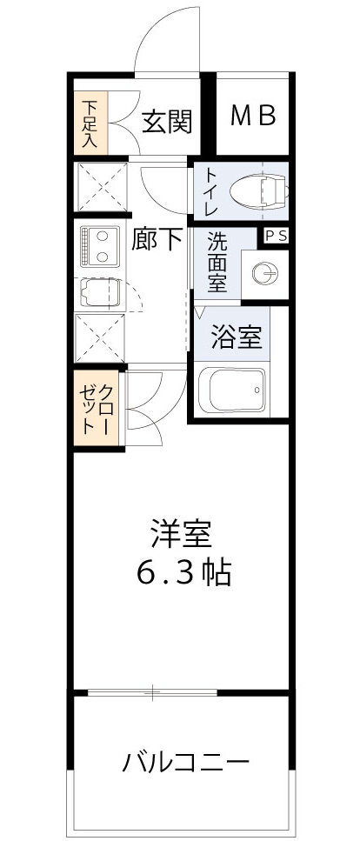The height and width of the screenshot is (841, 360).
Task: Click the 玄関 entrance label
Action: [166, 122]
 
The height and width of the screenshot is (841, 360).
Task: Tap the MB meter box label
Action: [253, 116]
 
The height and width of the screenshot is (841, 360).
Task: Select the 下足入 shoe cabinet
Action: [90, 123]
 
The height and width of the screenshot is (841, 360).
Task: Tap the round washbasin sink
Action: [264, 275]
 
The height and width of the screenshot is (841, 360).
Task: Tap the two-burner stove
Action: [99, 244]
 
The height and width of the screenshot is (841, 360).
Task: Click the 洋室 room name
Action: [183, 531]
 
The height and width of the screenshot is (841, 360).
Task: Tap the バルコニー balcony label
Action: [185, 763]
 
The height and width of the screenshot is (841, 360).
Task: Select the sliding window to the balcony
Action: [152, 692]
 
